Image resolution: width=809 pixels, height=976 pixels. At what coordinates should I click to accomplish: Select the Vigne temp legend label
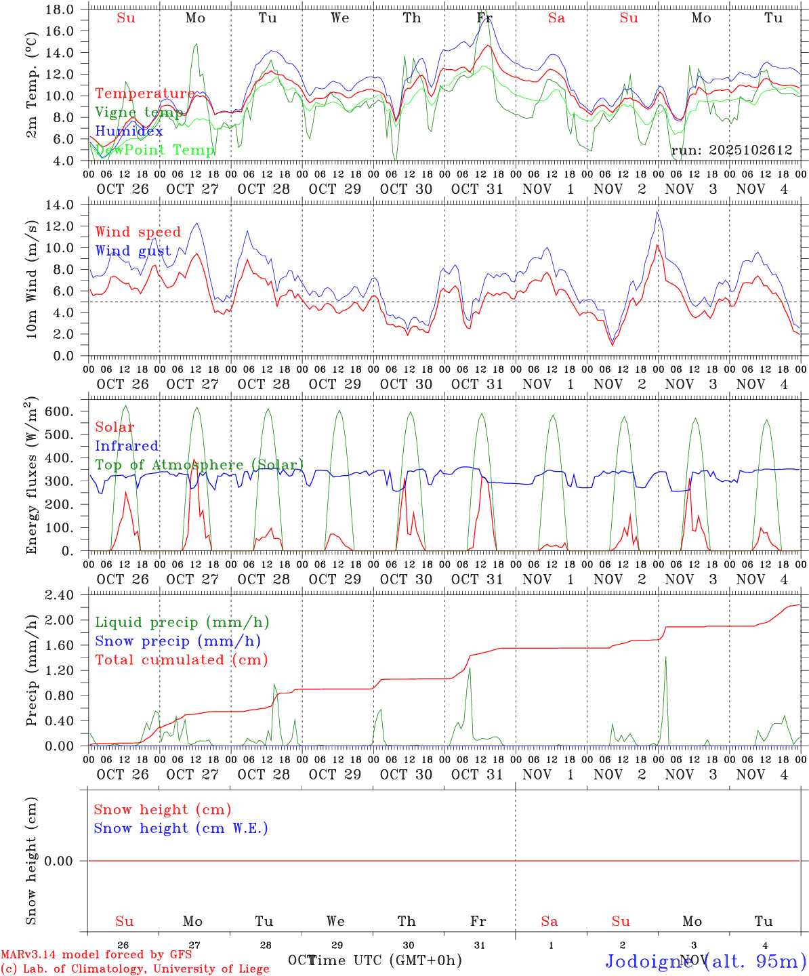coord(139,113)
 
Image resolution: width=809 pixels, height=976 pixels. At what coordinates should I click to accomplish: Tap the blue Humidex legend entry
coord(129,131)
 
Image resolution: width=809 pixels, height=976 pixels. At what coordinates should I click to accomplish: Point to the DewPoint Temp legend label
coord(154,150)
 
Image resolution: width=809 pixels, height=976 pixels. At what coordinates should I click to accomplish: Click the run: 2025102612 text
coord(731,150)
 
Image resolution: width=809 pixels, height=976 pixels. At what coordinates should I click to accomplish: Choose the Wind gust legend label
coord(133,251)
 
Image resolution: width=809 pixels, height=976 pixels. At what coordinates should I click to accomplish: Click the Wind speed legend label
coord(138,232)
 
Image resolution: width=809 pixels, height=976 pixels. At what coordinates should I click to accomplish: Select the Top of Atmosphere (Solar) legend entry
coord(199,465)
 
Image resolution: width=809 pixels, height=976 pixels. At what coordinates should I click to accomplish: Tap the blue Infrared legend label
coord(127,446)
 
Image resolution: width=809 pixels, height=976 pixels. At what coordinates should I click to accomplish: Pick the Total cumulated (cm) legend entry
coord(182,659)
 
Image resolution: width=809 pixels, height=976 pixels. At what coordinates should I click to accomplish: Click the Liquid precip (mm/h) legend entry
coord(182,622)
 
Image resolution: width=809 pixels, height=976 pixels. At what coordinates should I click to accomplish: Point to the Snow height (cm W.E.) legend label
coord(181,828)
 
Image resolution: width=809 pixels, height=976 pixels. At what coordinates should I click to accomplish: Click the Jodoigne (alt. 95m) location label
coord(705,960)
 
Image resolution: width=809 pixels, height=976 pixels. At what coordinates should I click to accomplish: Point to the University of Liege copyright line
coord(135,969)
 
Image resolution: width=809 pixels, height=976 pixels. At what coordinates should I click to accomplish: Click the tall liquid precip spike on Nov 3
coord(665,657)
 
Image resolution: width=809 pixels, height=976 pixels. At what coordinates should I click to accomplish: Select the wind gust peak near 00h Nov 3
coord(657,211)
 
